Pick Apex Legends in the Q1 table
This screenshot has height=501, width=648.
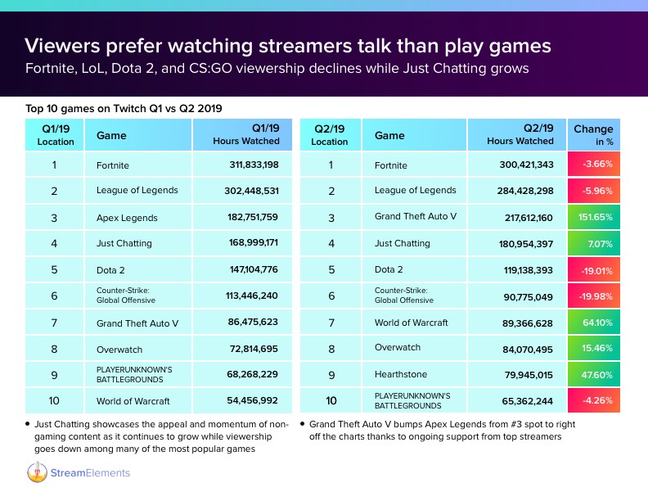pos(127,219)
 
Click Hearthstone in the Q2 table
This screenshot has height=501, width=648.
pos(400,373)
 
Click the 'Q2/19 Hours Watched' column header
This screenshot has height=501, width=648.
pos(520,135)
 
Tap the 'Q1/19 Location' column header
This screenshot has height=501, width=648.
pos(56,135)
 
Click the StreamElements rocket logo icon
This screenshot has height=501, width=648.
pos(37,473)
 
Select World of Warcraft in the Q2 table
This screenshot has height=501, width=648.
pos(412,322)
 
